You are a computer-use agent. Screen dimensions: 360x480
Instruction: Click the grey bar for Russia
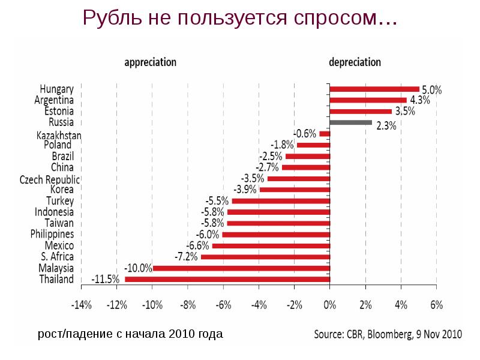[x=351, y=122]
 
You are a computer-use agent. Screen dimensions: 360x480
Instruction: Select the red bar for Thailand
[x=227, y=280]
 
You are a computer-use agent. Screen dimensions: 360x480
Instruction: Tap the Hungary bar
[x=374, y=89]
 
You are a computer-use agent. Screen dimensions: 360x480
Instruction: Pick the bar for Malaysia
[x=241, y=268]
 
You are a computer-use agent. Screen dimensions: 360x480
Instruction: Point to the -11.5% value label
[x=106, y=280]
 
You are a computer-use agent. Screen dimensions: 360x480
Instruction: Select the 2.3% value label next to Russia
[x=386, y=125]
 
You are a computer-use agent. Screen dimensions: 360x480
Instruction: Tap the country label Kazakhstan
[x=59, y=134]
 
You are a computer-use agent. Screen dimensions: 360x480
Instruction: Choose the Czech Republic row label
[x=50, y=179]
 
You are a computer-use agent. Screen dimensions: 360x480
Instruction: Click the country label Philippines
[x=52, y=234]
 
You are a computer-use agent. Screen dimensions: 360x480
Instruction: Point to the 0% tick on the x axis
[x=329, y=305]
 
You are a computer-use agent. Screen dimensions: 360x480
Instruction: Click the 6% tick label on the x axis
[x=436, y=305]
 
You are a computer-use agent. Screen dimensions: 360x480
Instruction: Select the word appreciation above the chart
[x=150, y=62]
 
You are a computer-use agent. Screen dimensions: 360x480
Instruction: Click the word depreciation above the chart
[x=355, y=62]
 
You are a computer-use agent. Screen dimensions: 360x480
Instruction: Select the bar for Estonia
[x=361, y=111]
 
